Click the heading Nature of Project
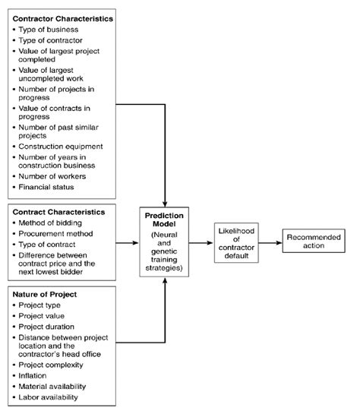[x=46, y=293]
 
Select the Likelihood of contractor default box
[x=237, y=243]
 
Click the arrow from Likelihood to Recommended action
[x=270, y=243]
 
